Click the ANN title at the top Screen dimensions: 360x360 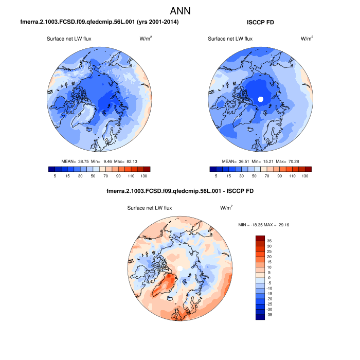click(x=180, y=11)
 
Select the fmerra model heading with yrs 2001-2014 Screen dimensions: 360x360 click(x=99, y=22)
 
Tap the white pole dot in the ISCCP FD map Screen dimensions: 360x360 click(x=260, y=99)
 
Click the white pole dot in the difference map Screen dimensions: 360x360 click(x=180, y=268)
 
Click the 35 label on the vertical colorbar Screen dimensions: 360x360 click(x=269, y=241)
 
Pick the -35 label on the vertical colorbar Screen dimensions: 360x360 click(x=269, y=314)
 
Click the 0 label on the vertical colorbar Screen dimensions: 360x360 click(x=268, y=278)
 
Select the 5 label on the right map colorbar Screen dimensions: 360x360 click(x=216, y=176)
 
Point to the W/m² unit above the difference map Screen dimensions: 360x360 click(x=226, y=208)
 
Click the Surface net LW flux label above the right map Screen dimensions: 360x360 click(x=230, y=39)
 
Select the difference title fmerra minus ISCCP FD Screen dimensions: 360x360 click(x=179, y=191)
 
